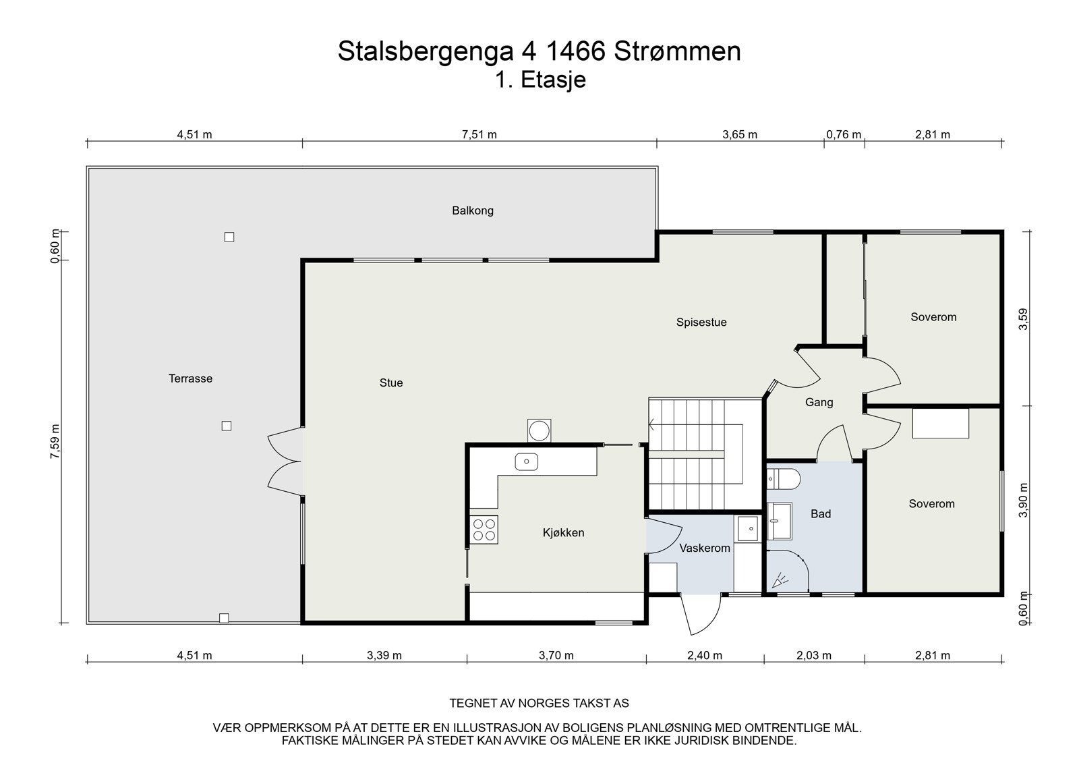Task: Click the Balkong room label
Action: [472, 210]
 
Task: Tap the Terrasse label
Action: [190, 378]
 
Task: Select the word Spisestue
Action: [701, 322]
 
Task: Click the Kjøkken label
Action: [563, 533]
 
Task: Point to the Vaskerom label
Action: [705, 548]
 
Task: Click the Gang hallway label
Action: [819, 403]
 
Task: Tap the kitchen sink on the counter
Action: [526, 462]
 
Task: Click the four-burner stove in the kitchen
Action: [484, 530]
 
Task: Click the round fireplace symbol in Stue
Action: [539, 430]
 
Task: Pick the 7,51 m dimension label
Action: [479, 134]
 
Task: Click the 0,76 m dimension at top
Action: [844, 134]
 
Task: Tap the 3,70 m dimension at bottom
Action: [556, 655]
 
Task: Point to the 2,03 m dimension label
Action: [813, 655]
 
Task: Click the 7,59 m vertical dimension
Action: [55, 442]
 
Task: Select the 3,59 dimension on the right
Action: [1024, 319]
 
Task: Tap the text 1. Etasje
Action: [540, 80]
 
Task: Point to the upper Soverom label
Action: [933, 317]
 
